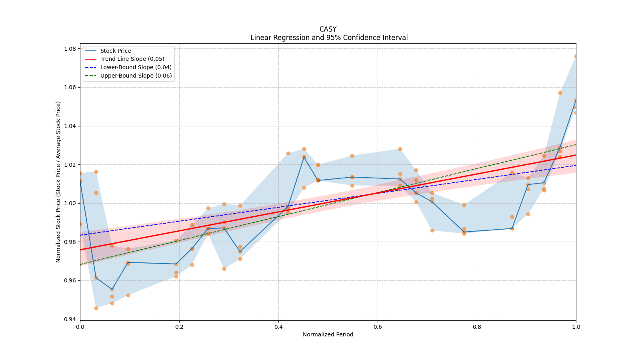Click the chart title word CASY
(x=328, y=29)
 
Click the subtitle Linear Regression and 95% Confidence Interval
(x=329, y=38)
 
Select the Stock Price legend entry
(x=116, y=51)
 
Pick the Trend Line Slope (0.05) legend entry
(x=132, y=59)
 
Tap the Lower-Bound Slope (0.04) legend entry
(x=136, y=67)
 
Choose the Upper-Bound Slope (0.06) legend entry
(x=136, y=76)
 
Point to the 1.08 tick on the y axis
(x=70, y=49)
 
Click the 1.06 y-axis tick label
(x=70, y=87)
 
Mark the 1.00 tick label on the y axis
(x=70, y=203)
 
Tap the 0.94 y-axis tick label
(x=70, y=319)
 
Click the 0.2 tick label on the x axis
(x=179, y=327)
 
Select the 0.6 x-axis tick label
(x=378, y=327)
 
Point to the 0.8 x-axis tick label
(x=477, y=327)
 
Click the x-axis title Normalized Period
(x=328, y=334)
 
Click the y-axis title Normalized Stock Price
(x=58, y=182)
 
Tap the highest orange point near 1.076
(x=576, y=56)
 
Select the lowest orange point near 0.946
(x=96, y=308)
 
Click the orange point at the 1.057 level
(x=560, y=93)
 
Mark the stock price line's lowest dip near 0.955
(x=112, y=289)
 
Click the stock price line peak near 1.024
(x=304, y=157)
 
